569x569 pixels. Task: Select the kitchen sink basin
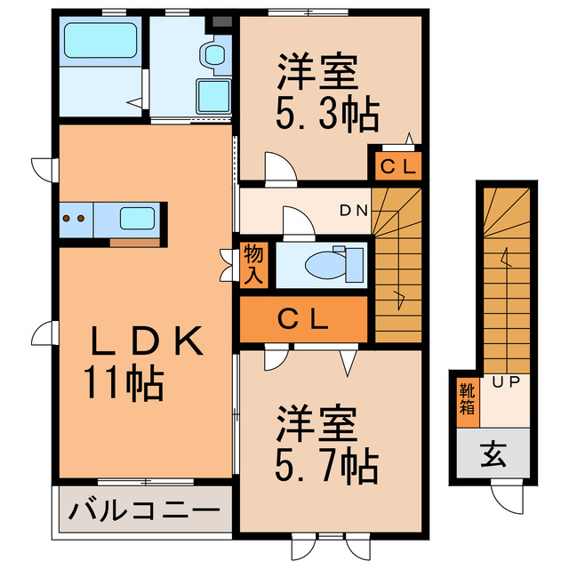coord(138,216)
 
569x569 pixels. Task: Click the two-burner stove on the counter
coord(75,216)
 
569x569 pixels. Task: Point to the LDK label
coord(148,341)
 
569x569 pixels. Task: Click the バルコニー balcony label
coord(142,511)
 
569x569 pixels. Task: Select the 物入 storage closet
coord(253,265)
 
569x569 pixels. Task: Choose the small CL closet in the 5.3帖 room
coord(394,165)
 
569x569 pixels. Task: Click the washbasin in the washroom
coord(214,55)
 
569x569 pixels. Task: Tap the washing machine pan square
coord(213,93)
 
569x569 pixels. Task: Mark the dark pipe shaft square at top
coord(221,20)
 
